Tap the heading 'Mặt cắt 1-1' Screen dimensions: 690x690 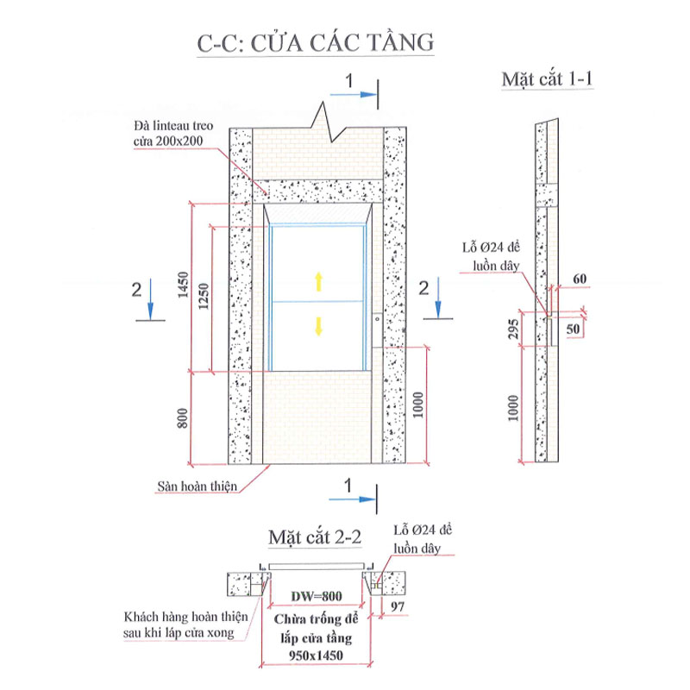[550, 79]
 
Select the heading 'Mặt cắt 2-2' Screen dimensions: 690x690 [314, 536]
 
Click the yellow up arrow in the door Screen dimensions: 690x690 [318, 279]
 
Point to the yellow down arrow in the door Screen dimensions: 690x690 [318, 325]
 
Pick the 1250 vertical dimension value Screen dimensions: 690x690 [204, 298]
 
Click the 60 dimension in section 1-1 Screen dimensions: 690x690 [578, 278]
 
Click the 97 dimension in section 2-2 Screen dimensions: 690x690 [398, 607]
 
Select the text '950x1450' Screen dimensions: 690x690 [317, 655]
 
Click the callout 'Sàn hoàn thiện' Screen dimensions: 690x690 [196, 486]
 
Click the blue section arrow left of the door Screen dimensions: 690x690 [152, 294]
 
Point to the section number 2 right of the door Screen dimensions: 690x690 [424, 288]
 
